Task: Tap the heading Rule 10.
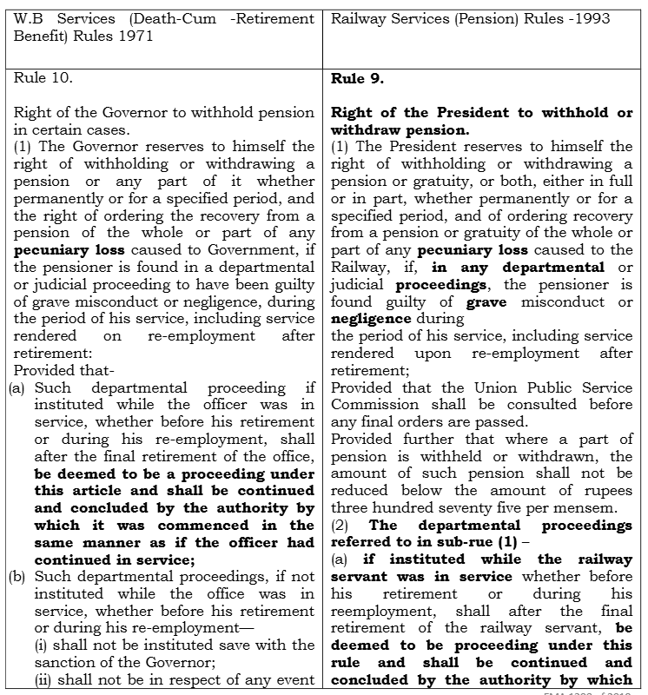tap(43, 78)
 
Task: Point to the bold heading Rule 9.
tap(358, 78)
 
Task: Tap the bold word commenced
tap(205, 525)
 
